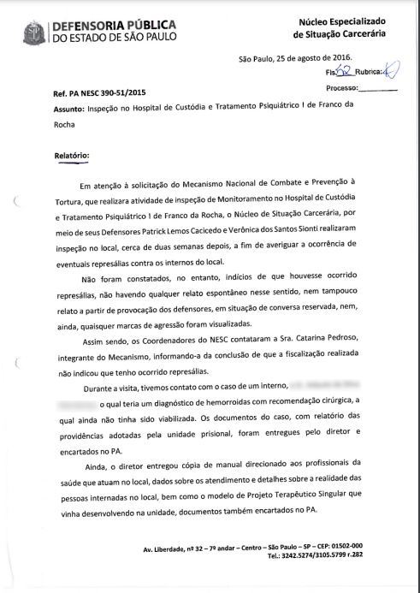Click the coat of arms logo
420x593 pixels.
point(33,31)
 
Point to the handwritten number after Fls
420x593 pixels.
point(345,72)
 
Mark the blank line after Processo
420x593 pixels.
point(378,88)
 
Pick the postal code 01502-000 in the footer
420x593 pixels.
point(341,545)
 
